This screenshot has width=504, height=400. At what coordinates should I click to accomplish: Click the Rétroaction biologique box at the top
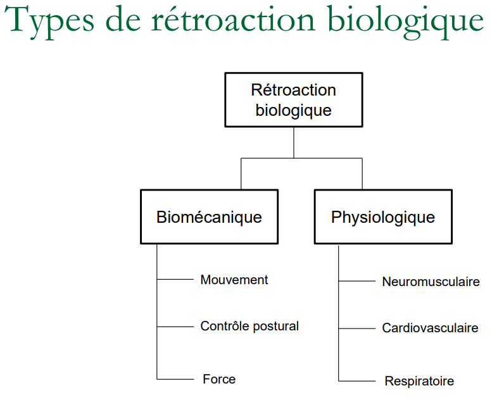294,100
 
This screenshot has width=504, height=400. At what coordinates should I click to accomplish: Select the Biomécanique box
209,217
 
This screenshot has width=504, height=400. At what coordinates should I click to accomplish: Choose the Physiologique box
383,217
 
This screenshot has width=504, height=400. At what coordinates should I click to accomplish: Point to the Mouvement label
234,280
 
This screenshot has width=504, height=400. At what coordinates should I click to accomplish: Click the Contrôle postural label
249,327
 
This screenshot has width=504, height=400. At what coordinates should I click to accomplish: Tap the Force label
219,379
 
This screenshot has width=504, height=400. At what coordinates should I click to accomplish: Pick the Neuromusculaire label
431,282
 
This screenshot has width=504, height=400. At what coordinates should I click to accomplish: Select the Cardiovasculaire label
430,328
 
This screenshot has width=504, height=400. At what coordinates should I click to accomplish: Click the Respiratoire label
419,382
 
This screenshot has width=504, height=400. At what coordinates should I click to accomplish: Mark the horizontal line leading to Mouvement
175,279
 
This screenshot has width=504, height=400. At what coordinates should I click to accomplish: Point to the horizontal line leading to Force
175,378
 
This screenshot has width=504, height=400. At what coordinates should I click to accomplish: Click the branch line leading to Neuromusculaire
357,281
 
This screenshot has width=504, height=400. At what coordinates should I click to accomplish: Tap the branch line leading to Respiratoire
357,380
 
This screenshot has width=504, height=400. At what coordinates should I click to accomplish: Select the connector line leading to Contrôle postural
175,327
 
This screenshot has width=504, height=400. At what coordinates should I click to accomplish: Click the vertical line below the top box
294,142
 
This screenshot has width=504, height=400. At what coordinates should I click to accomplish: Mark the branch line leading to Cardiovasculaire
357,328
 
